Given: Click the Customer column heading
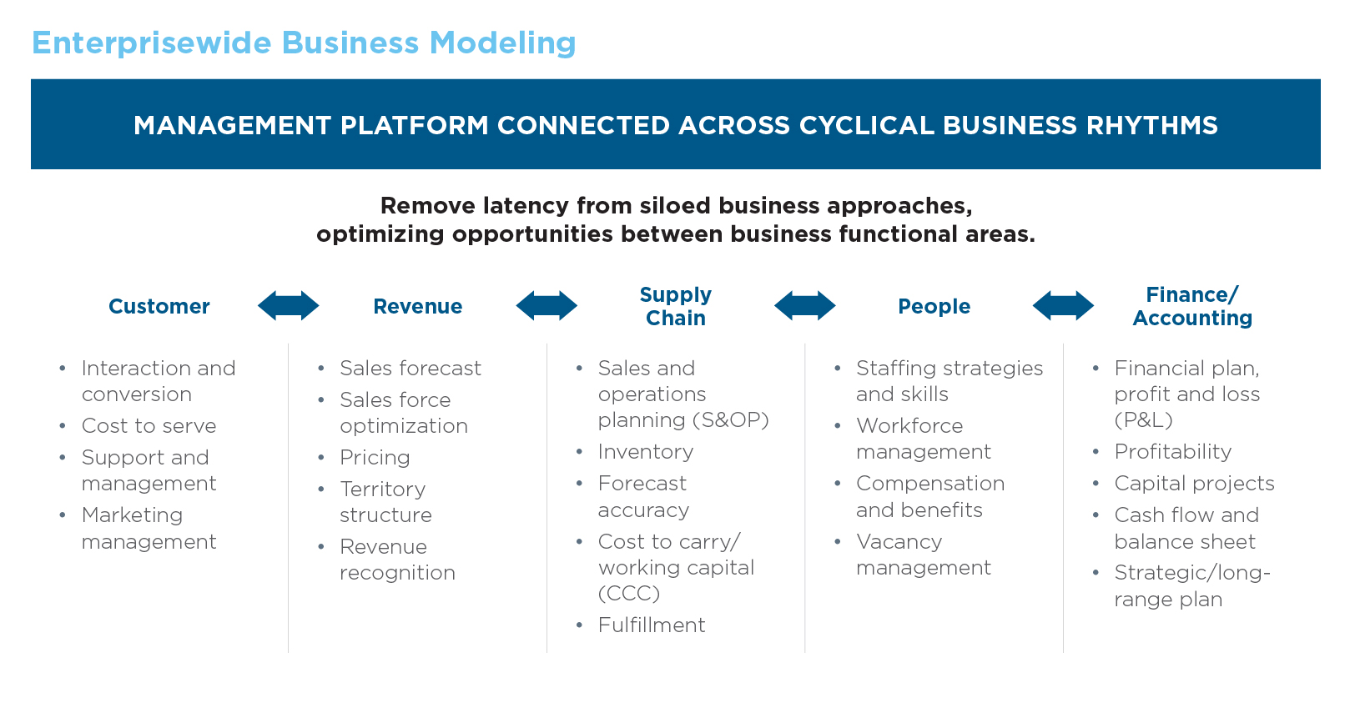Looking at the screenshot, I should click(x=159, y=307).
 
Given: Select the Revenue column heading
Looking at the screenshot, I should click(x=417, y=307).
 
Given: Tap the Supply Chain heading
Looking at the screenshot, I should click(x=675, y=306).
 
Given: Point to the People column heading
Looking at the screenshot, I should click(x=934, y=307).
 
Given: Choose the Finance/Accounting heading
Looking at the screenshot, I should click(x=1191, y=306).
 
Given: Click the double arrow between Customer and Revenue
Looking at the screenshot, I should click(x=288, y=306).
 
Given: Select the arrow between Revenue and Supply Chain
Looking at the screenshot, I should click(x=547, y=306).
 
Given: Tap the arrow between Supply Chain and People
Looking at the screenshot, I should click(x=804, y=306).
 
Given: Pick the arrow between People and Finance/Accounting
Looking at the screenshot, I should click(x=1063, y=306).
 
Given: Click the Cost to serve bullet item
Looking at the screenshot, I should click(x=149, y=426).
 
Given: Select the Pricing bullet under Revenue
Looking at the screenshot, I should click(x=375, y=458).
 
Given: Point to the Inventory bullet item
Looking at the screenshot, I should click(x=645, y=452).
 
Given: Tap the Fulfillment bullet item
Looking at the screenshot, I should click(x=651, y=625).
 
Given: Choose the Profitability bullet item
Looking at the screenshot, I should click(x=1172, y=452).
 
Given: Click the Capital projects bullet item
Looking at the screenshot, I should click(x=1194, y=484).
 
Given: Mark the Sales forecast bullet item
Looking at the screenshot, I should click(x=410, y=369).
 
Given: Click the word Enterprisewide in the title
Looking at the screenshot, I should click(x=151, y=43).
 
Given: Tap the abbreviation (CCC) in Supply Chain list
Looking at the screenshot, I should click(x=628, y=594).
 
